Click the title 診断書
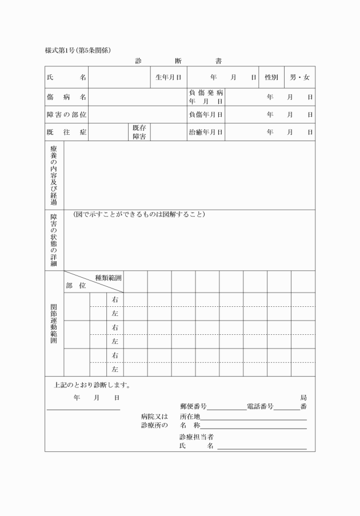(x=179, y=61)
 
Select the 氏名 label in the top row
(x=66, y=77)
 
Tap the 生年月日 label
(x=169, y=77)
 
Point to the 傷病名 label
(x=66, y=97)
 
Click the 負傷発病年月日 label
(x=206, y=97)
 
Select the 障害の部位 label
(x=66, y=114)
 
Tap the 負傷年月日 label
(x=206, y=114)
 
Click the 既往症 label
(x=66, y=132)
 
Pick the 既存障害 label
(x=139, y=132)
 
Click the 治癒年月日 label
(x=206, y=132)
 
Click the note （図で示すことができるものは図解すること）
(x=139, y=215)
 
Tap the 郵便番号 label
(x=193, y=407)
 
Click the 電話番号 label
(x=260, y=407)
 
